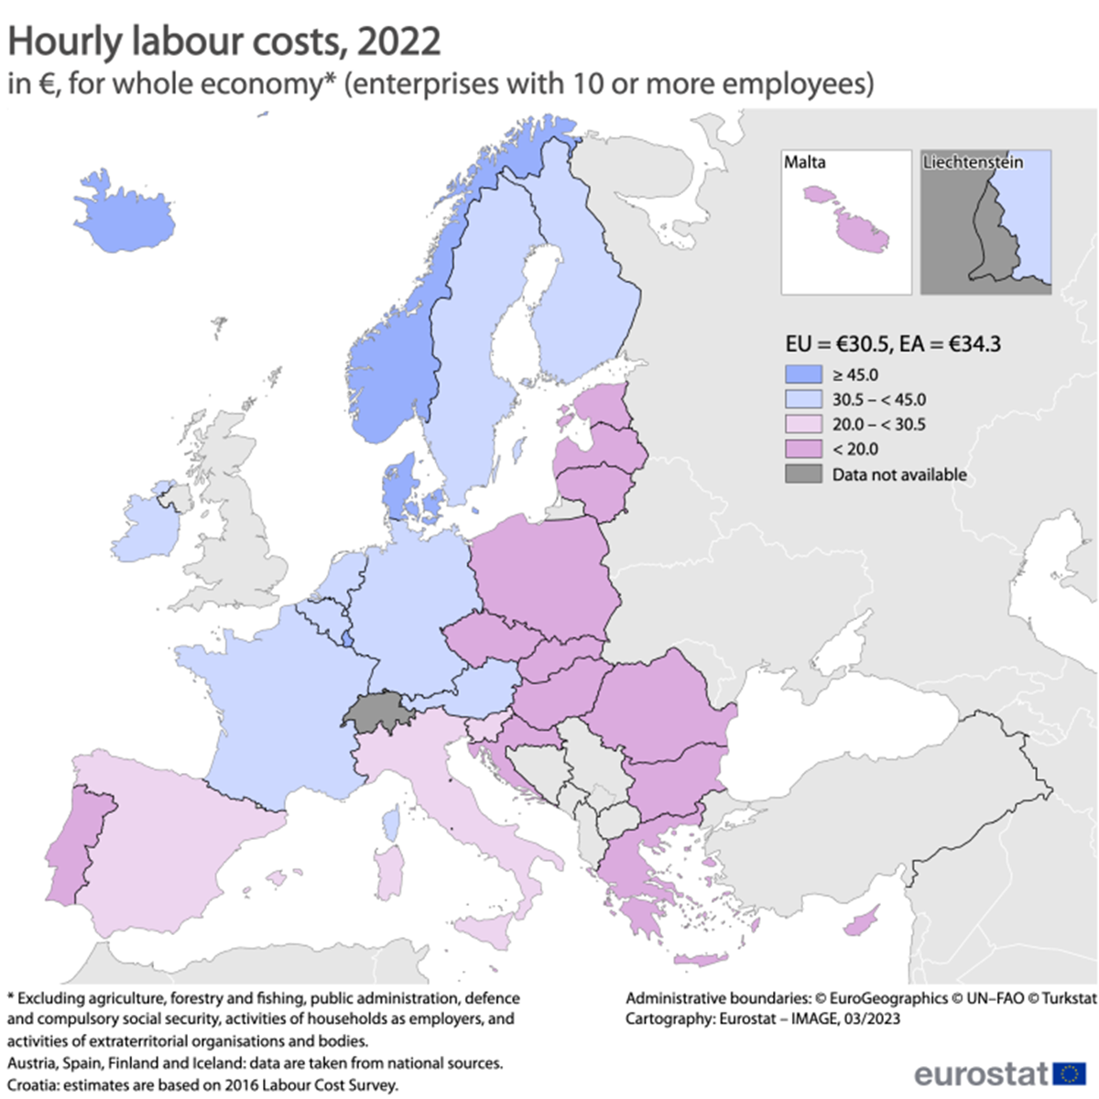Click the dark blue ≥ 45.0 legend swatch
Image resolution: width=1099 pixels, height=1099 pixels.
[803, 375]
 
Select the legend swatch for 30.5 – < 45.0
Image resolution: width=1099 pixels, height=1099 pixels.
[803, 399]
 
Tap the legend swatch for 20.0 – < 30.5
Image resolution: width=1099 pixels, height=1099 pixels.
[803, 424]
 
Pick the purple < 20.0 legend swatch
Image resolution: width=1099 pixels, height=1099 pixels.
[803, 449]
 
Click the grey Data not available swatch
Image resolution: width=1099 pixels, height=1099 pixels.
[803, 474]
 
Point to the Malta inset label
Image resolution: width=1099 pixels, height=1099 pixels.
[804, 163]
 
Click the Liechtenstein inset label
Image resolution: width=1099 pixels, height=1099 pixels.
[973, 163]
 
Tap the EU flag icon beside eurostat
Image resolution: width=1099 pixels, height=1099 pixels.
[1069, 1072]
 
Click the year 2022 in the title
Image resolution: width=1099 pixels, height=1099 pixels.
[399, 42]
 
